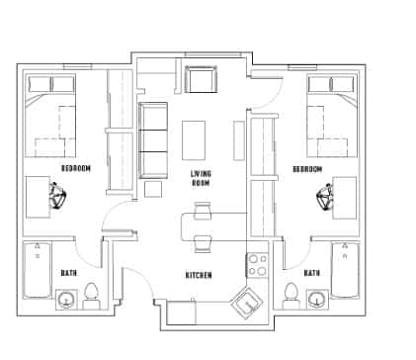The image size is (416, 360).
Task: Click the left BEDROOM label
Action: tap(75, 169)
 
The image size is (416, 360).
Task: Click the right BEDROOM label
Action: tap(307, 169)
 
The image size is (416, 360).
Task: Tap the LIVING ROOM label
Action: tap(202, 178)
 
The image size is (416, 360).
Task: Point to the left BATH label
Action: tap(68, 273)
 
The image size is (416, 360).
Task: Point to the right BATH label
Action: tap(311, 273)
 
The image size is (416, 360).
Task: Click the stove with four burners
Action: tap(257, 265)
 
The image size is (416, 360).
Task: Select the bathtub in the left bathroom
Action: tap(38, 270)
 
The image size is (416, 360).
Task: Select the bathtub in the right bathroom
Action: tap(345, 270)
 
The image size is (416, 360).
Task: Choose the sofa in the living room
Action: tap(153, 137)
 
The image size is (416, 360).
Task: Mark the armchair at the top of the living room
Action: tap(201, 79)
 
